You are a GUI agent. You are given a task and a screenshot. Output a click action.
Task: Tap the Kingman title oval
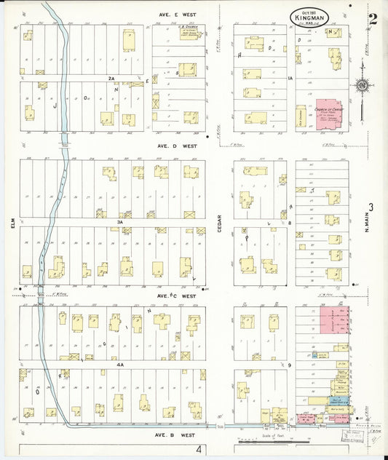pyautogui.click(x=309, y=16)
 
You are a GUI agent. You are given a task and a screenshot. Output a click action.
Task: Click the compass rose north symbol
pyautogui.click(x=362, y=84)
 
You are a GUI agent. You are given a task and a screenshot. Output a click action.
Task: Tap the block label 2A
pyautogui.click(x=111, y=77)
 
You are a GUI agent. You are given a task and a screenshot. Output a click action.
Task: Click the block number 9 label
pyautogui.click(x=289, y=364)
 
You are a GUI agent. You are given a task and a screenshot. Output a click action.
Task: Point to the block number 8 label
pyautogui.click(x=289, y=223)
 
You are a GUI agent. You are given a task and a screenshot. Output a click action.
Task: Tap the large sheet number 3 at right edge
pyautogui.click(x=371, y=208)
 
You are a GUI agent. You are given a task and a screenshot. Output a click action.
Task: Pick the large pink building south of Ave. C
pyautogui.click(x=333, y=320)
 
